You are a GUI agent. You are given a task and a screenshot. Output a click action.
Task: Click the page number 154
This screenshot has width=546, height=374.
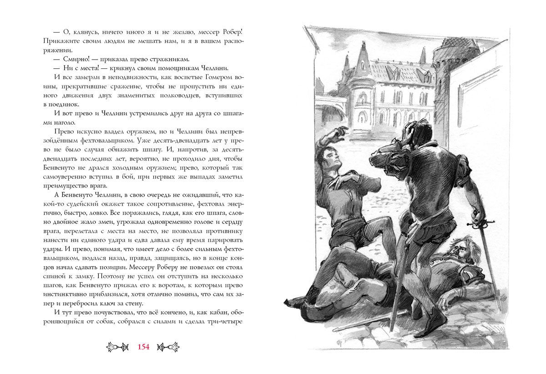pos(143,347)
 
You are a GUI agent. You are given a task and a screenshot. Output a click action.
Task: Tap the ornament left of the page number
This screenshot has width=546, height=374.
pos(118,347)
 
